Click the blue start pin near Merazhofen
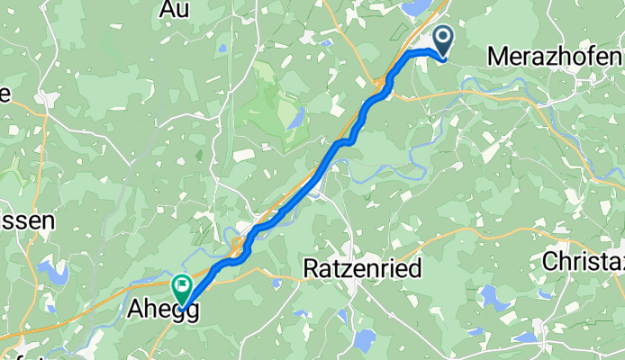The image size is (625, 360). (444, 40)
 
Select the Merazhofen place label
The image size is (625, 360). (554, 56)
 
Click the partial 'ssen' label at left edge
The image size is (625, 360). (28, 220)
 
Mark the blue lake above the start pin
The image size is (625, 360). (419, 8)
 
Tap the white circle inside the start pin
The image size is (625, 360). (444, 37)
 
